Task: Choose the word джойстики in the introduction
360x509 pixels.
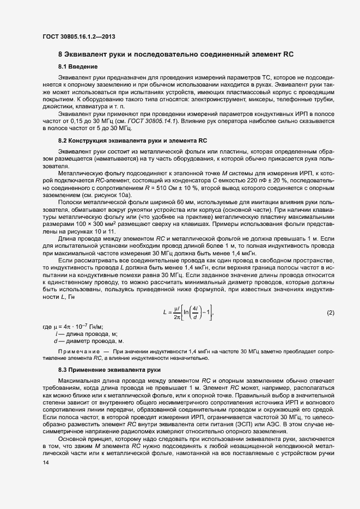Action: click(58, 107)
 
